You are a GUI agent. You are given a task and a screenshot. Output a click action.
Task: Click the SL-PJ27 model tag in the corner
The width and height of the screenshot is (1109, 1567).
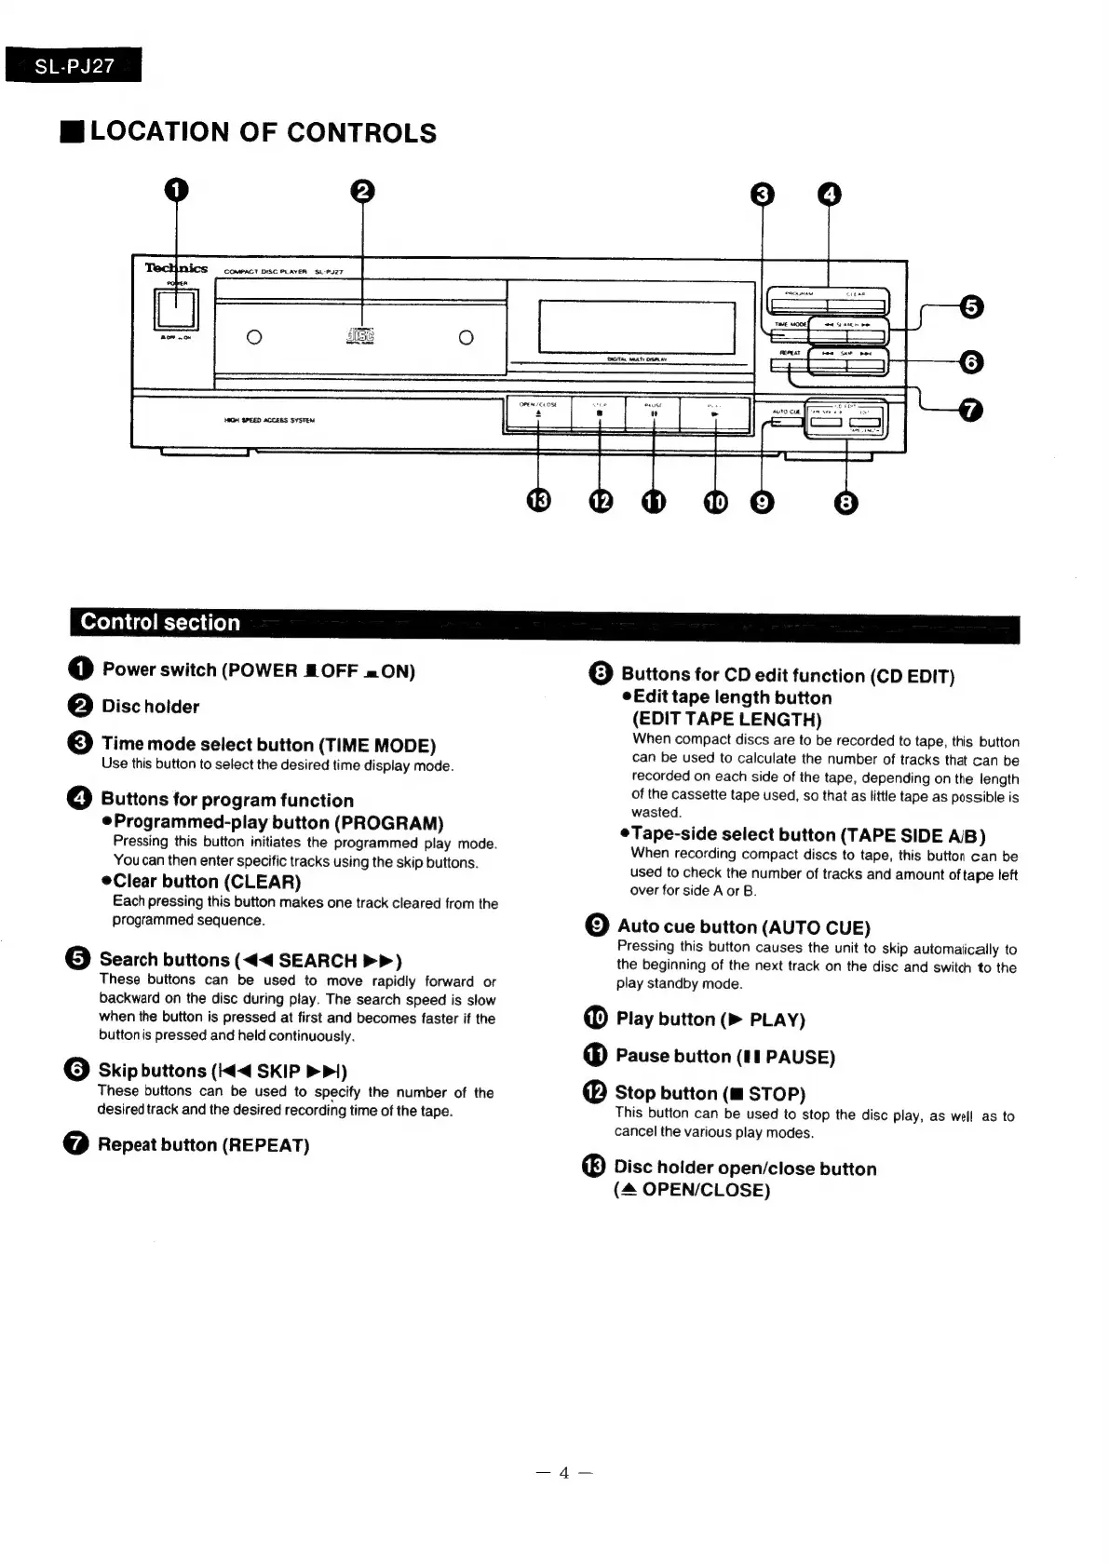point(74,65)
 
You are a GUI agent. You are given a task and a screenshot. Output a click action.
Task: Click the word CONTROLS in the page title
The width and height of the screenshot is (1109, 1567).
point(361,132)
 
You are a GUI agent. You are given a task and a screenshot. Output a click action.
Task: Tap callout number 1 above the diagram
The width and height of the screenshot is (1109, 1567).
point(176,190)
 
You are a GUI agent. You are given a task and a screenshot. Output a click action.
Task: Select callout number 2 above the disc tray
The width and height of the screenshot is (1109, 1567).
point(362,191)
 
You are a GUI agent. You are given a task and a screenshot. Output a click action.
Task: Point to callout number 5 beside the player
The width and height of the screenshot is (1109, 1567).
point(970,307)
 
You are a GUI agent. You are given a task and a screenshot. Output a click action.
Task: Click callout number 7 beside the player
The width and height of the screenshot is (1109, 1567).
point(970,410)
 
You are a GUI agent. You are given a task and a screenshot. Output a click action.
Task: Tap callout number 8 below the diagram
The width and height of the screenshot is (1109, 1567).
point(845,503)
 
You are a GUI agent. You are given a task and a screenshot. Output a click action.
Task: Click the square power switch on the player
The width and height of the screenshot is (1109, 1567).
point(176,307)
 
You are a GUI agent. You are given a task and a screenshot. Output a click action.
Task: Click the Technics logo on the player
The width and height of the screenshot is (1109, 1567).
point(176,268)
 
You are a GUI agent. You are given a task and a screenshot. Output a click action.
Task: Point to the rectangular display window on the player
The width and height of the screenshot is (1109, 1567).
point(637,327)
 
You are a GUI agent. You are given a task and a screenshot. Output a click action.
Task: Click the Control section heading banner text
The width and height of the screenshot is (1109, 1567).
point(160,622)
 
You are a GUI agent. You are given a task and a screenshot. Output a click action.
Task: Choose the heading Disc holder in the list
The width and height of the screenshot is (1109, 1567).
point(151,707)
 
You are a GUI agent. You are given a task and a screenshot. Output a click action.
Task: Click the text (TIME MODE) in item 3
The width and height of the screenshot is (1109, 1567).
point(377,745)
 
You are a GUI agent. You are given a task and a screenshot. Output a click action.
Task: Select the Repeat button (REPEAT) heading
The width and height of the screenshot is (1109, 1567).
point(204,1144)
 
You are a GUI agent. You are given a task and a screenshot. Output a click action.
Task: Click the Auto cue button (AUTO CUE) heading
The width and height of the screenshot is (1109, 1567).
point(744,926)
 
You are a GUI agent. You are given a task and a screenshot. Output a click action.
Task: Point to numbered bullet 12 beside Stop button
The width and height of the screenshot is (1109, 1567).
point(594,1091)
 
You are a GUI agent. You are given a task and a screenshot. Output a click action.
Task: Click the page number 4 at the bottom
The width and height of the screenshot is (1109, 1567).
point(563,1472)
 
